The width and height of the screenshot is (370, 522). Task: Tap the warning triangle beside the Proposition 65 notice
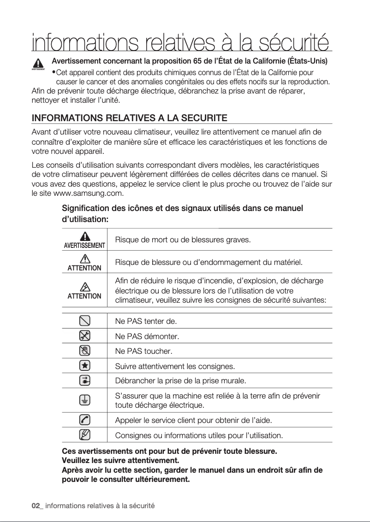point(38,63)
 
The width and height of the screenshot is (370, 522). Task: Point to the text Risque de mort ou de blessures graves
point(183,240)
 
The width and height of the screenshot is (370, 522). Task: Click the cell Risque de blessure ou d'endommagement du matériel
point(209,263)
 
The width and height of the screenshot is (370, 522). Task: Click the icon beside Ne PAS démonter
point(84,335)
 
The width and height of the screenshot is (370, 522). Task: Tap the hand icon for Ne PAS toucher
point(84,351)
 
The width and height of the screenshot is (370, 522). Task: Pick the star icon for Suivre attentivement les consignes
point(84,366)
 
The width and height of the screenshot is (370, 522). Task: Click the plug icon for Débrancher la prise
point(84,381)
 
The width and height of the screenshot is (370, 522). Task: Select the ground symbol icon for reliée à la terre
point(84,400)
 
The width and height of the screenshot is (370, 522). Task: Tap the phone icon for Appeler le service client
point(84,420)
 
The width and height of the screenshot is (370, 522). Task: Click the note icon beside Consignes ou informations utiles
point(84,434)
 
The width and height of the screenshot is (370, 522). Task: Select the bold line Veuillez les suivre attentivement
point(120,460)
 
